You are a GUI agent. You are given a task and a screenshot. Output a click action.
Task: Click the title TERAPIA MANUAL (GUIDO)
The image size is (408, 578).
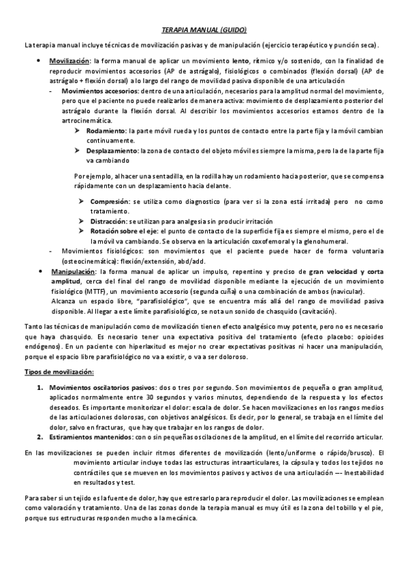(x=204, y=31)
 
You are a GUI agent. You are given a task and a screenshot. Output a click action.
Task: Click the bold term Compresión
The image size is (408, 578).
(x=112, y=202)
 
